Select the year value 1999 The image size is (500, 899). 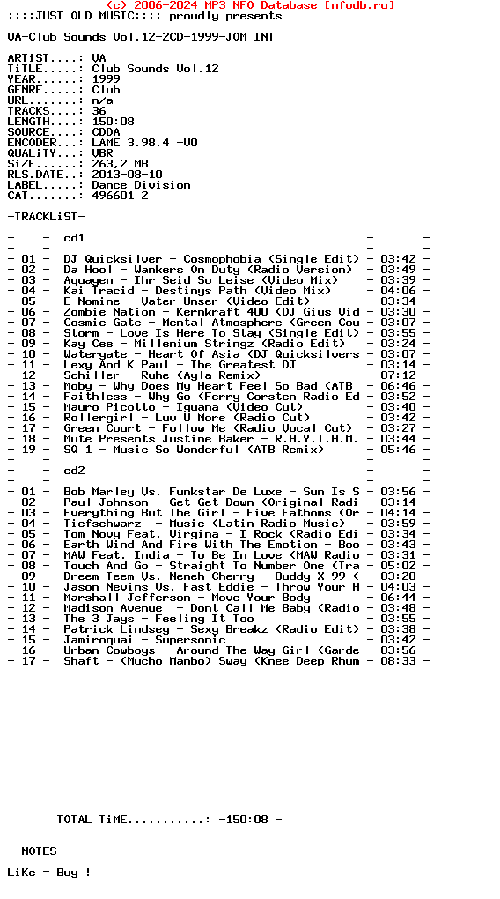click(106, 79)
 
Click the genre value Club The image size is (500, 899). click(106, 90)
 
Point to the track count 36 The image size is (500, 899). click(99, 111)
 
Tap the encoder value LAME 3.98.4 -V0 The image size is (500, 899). click(144, 143)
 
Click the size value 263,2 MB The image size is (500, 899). click(120, 164)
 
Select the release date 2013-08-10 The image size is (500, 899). click(127, 175)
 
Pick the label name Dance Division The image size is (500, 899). click(141, 185)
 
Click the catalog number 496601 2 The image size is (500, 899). click(120, 196)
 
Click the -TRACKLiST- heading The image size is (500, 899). click(46, 217)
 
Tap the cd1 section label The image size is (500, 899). click(74, 238)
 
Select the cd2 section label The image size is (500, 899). click(74, 471)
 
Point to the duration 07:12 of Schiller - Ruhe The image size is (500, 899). click(398, 375)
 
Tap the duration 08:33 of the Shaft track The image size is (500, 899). click(398, 661)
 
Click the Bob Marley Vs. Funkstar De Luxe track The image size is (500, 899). click(211, 492)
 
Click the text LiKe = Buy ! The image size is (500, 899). click(49, 873)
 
